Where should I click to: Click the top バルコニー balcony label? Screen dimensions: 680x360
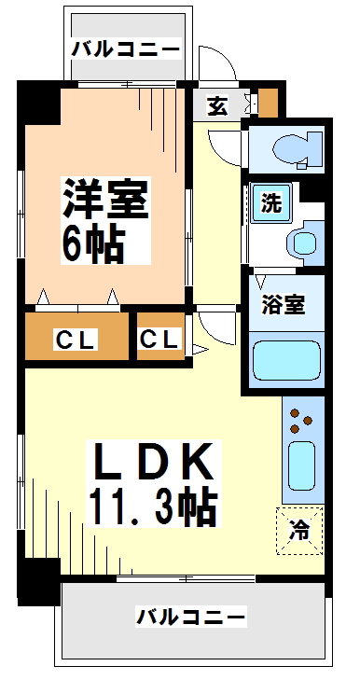pos(126,49)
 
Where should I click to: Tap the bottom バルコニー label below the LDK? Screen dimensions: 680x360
pos(191,617)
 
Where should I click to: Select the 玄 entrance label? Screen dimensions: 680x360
pos(217,106)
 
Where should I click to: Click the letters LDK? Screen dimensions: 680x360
pos(154,462)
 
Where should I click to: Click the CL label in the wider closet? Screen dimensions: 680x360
pos(74,340)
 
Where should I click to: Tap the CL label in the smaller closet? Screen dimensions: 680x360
pos(160,340)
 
